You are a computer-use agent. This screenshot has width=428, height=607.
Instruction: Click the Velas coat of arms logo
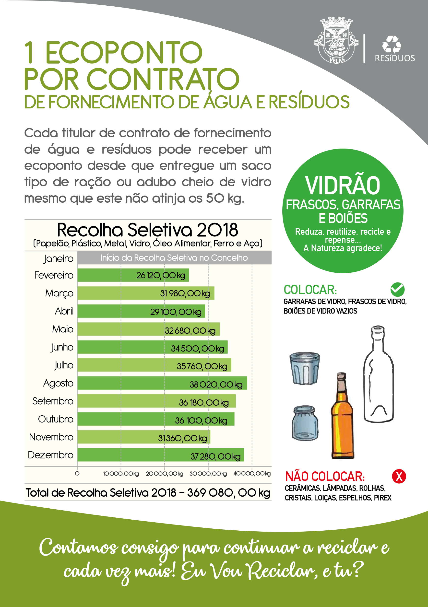coord(336,40)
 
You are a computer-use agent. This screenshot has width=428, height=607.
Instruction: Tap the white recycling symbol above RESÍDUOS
coord(392,44)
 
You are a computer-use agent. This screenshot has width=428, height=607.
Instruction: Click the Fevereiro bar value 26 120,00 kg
coord(161,275)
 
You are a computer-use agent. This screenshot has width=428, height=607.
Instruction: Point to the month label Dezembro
coord(50,455)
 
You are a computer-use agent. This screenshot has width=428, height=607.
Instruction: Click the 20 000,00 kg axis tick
coord(165,474)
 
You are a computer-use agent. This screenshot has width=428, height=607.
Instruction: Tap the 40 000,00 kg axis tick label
coord(251,474)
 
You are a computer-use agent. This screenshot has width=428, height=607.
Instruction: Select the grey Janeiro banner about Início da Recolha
coord(174,258)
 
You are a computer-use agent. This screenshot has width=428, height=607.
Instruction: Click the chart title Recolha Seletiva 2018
coord(147,230)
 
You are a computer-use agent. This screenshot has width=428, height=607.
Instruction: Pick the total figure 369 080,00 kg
coord(228,493)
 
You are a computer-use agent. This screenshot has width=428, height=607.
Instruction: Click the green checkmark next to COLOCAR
coord(397,290)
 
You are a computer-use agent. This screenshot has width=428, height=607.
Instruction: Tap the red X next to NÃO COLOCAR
coord(399,476)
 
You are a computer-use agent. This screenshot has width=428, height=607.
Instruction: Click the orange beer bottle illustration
coord(342,416)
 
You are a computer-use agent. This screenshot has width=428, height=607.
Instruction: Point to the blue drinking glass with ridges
coord(304,368)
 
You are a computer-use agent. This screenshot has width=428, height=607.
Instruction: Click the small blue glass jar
coord(305,423)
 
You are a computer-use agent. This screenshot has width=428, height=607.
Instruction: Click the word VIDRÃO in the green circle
coord(343,186)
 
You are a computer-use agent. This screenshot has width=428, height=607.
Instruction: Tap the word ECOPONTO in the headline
coord(124,53)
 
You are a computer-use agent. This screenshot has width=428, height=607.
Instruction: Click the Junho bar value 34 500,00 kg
coord(197,349)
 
